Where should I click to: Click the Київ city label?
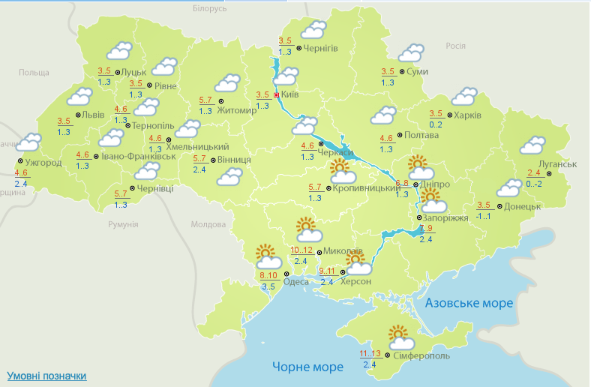(290, 95)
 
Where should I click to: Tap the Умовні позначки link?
(46, 376)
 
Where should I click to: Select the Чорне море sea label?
(307, 367)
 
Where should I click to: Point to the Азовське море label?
(469, 303)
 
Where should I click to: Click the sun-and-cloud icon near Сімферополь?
(397, 338)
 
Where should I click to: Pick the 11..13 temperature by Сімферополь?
(370, 353)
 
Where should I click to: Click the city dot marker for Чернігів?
(298, 48)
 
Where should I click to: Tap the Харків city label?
(467, 115)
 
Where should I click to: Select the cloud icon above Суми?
(411, 52)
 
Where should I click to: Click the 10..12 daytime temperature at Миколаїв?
(301, 250)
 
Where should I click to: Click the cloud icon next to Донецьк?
(509, 187)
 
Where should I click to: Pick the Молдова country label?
(208, 223)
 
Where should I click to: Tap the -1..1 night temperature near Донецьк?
(484, 216)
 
